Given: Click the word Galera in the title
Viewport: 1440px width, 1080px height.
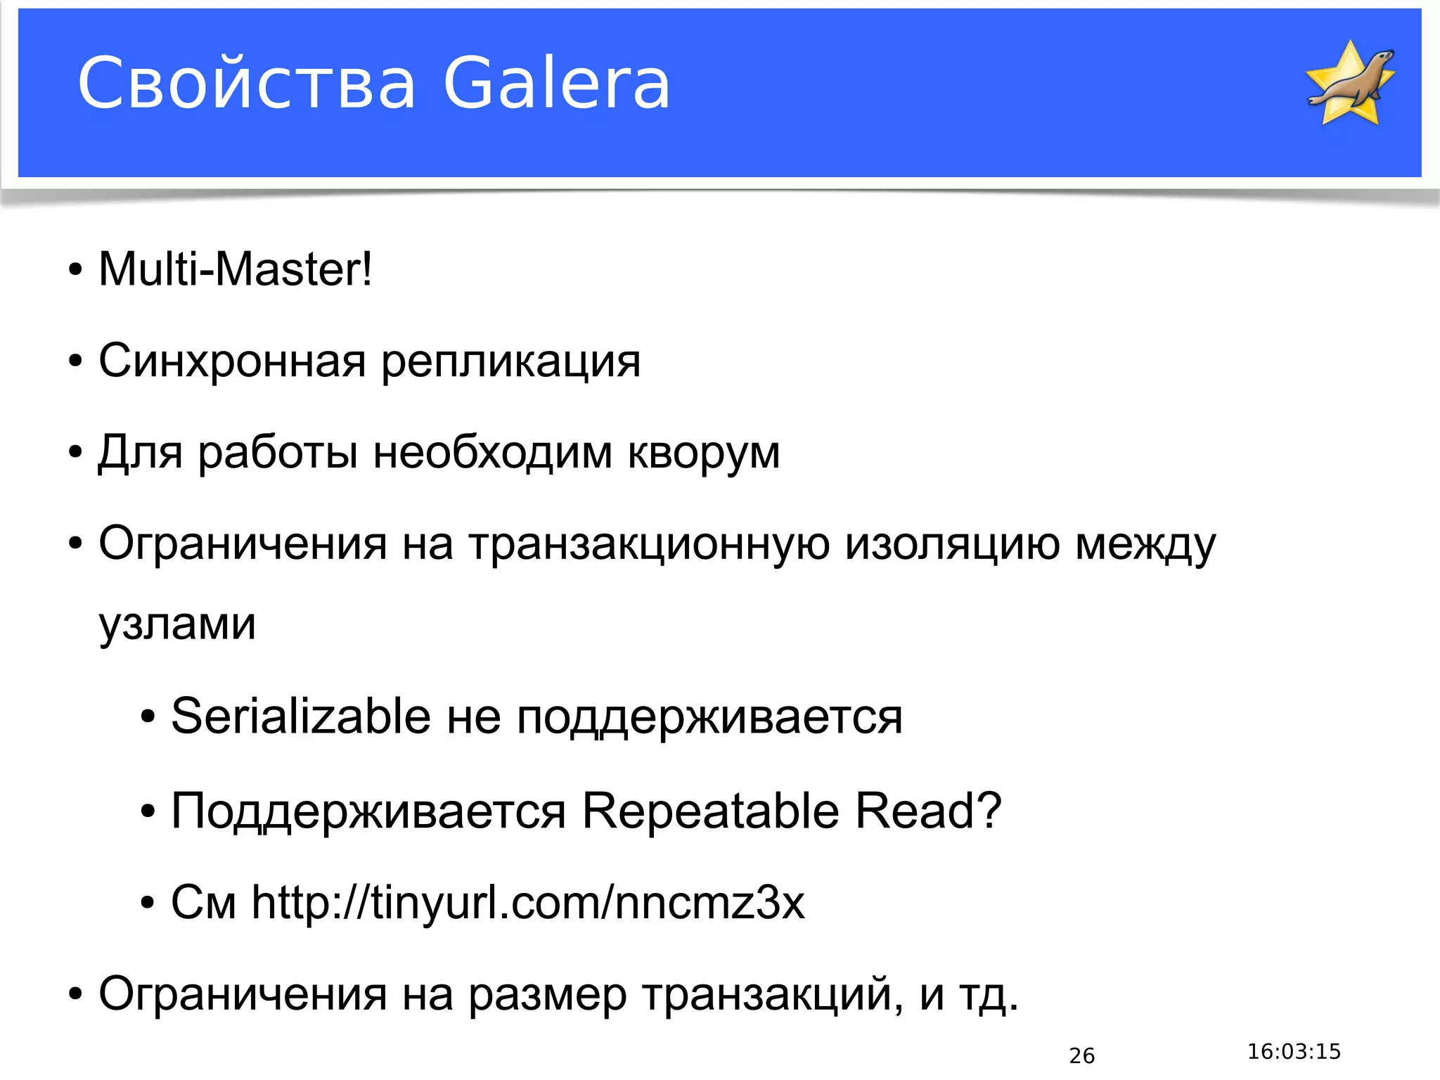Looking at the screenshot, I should click(556, 84).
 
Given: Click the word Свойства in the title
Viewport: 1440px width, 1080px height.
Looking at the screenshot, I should click(247, 84).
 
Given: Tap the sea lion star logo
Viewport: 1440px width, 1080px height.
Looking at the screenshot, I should click(1350, 83).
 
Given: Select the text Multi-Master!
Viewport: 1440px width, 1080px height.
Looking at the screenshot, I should click(235, 269).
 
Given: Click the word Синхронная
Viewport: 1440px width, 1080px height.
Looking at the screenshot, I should click(232, 361).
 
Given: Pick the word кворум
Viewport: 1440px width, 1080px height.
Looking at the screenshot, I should click(704, 454).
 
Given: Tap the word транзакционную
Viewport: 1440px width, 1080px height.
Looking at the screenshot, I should click(648, 545).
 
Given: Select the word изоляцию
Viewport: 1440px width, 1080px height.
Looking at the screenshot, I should click(952, 545).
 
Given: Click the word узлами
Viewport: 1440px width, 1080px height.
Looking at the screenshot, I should click(177, 624).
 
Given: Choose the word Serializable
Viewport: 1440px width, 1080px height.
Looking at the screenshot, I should click(301, 716).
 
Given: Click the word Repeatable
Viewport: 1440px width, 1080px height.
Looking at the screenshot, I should click(710, 811).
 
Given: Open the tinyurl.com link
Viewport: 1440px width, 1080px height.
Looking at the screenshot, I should click(528, 903).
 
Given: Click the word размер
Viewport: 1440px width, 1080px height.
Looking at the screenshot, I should click(547, 995).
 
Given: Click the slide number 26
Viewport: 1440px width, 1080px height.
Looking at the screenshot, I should click(1081, 1055).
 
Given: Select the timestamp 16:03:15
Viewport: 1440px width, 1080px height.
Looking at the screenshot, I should click(1294, 1052).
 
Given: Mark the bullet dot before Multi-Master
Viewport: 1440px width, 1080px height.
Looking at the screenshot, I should click(75, 271).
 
